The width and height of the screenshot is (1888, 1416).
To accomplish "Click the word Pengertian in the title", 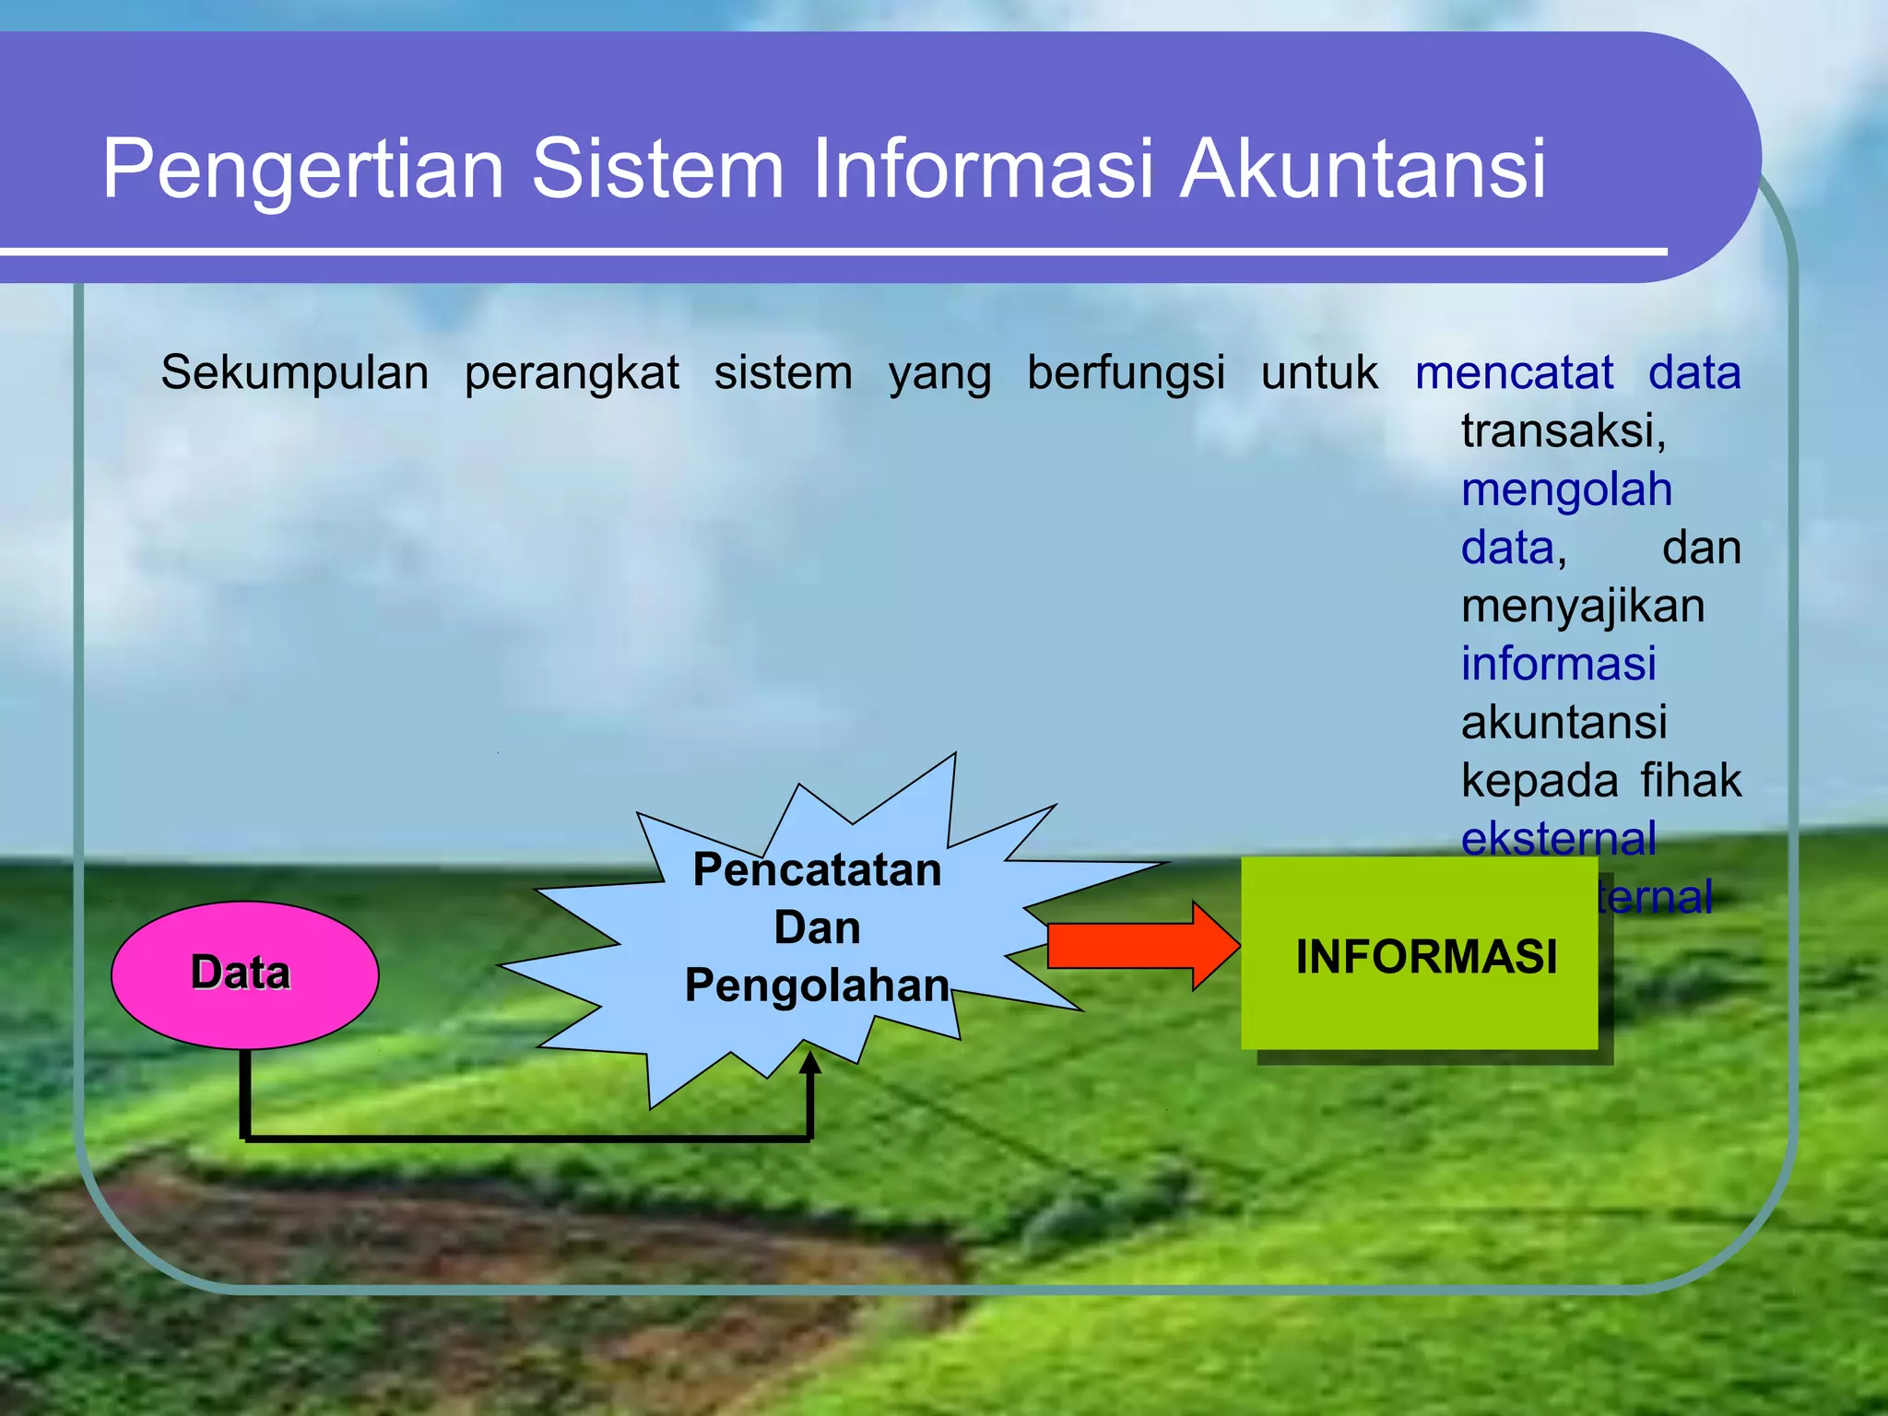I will pos(302,170).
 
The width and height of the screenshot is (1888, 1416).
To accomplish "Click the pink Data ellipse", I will pos(244,974).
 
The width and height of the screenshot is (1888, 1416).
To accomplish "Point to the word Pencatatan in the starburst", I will pos(817,869).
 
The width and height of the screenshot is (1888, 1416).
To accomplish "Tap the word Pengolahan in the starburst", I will pos(817,985).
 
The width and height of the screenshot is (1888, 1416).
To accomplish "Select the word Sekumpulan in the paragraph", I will pos(295,373).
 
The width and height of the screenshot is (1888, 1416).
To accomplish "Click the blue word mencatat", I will pos(1514,373).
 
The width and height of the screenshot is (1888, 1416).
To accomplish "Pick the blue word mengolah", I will pos(1566,490).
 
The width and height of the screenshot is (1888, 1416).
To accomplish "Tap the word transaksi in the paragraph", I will pos(1563,431).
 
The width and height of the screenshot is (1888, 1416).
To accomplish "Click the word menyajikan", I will pos(1583,607).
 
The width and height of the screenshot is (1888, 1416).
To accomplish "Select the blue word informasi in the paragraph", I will pos(1558,664).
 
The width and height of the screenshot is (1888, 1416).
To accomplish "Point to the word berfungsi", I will pos(1126,373).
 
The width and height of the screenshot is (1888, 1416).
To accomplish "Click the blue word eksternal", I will pos(1558,838).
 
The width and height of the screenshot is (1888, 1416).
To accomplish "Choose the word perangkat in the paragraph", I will pos(572,373).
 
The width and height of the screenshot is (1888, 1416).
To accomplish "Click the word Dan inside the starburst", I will pos(817,927).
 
